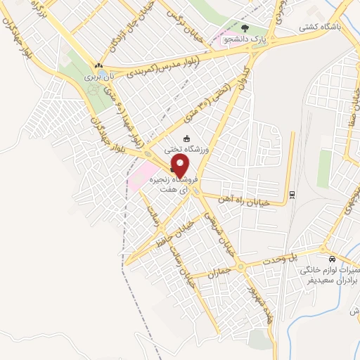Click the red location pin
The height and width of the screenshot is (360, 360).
click(x=181, y=166)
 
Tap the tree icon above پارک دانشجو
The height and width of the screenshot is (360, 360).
click(x=245, y=28)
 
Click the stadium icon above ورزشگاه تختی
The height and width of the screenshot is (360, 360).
click(x=186, y=138)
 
